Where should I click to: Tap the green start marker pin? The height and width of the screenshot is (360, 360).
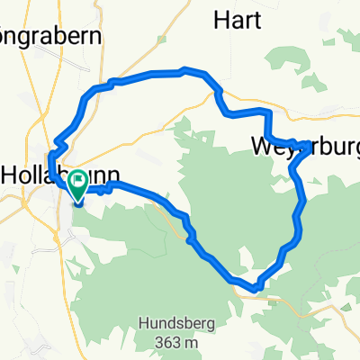76,186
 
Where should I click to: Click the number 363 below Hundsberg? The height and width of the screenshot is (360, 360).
161,342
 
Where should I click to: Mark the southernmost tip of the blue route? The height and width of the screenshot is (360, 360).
257,290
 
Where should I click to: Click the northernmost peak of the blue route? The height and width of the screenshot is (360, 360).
185,68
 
